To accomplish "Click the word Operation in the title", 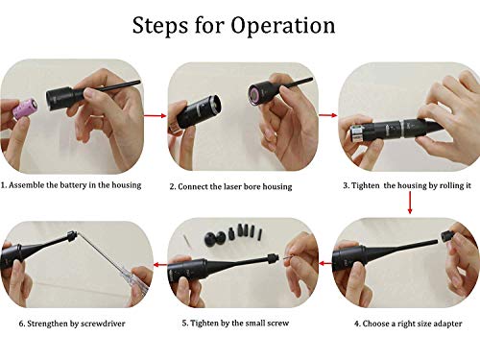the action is point(283,26).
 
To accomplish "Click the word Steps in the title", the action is point(160,25).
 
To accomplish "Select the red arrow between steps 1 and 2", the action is point(155,115).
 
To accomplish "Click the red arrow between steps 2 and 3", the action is point(327,115).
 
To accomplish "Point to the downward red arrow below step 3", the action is point(410,203).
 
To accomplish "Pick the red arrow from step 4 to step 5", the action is point(325,263).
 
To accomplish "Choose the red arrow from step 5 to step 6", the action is point(161,264).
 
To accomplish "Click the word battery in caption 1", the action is point(73,185).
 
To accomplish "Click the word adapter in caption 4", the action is point(447,324).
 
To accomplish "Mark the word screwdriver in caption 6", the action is point(103,324).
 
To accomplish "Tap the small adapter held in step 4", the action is point(446,236).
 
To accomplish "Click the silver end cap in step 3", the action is point(357,133).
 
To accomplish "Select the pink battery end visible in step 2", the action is point(255,95).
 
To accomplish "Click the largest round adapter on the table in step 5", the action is point(213,238).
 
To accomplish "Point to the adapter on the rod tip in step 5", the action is point(272,258).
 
